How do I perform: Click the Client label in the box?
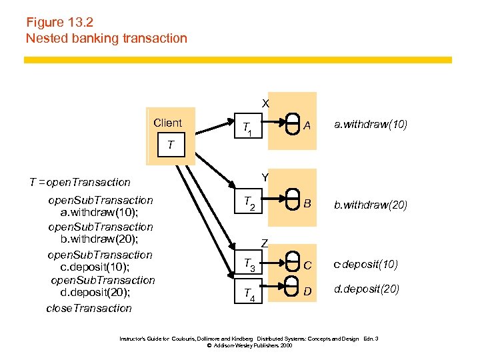(167, 123)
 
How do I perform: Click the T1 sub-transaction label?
(247, 129)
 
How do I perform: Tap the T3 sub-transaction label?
(248, 265)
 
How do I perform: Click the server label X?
(265, 104)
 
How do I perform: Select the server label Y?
(265, 177)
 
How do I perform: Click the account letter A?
(307, 125)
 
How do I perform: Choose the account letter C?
(307, 265)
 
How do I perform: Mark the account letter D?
(307, 291)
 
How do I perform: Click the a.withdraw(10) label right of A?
(371, 125)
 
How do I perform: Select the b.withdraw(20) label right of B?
(371, 205)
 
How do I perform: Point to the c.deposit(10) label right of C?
(366, 265)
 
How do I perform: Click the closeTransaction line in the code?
(89, 308)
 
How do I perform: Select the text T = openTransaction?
(80, 182)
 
